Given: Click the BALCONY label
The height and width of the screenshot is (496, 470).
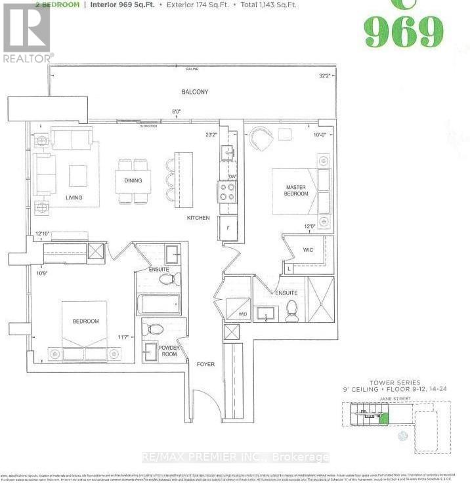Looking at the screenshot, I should [x=195, y=92].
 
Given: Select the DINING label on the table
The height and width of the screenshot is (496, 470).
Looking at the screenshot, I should [x=133, y=180].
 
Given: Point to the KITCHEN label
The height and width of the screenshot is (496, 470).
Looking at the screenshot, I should [x=198, y=218].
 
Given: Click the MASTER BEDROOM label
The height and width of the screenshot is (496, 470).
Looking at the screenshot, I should [x=295, y=190].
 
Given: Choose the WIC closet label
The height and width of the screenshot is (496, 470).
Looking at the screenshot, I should [x=309, y=250].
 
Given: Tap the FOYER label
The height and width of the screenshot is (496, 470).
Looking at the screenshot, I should [x=205, y=364].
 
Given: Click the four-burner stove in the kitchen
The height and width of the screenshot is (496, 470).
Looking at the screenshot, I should [x=227, y=192].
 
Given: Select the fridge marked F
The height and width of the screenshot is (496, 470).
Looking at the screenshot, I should [x=228, y=227].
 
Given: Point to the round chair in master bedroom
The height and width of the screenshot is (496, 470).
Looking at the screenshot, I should [x=261, y=138].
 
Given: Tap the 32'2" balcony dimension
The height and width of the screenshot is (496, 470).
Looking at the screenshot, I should [x=324, y=75].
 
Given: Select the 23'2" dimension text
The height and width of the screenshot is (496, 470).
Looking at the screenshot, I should [x=211, y=136].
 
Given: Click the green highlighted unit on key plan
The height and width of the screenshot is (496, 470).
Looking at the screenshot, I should [x=384, y=417].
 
